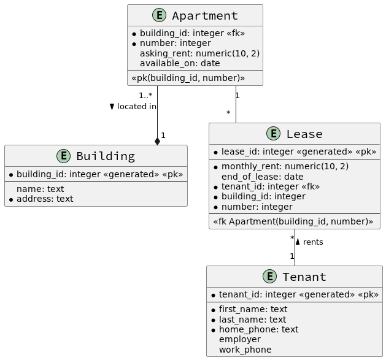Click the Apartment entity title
204,16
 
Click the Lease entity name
304,134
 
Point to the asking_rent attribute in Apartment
199,53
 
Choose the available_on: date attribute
179,63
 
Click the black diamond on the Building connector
158,141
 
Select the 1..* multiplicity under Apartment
145,95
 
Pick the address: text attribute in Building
44,199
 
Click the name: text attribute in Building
40,189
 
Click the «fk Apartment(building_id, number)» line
293,221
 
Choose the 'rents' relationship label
313,242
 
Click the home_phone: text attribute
258,329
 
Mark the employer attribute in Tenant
239,339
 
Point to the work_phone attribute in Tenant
245,350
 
